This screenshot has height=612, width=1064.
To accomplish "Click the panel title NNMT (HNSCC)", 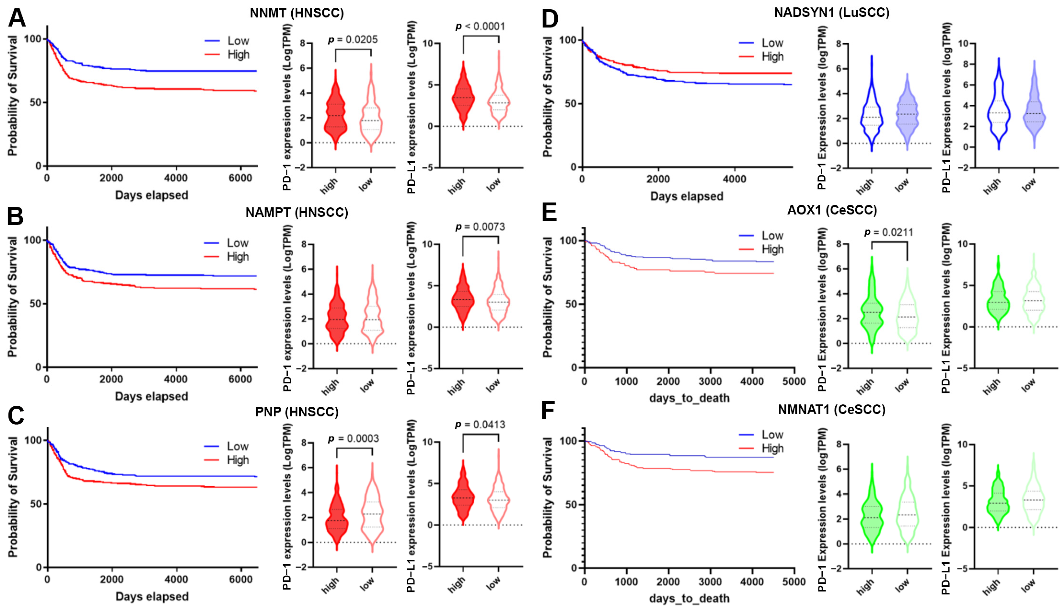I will click(x=297, y=13).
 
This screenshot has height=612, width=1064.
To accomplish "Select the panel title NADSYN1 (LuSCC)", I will click(x=832, y=13).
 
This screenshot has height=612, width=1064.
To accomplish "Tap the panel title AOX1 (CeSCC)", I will click(x=832, y=210).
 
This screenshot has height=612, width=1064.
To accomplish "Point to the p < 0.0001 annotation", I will click(x=480, y=27).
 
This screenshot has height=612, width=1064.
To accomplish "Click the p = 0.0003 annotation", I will click(x=353, y=439).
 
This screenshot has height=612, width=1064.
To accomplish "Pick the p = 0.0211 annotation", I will click(x=888, y=232).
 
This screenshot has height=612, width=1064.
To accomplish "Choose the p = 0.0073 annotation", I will click(x=480, y=227).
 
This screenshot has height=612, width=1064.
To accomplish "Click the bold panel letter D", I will click(x=550, y=19).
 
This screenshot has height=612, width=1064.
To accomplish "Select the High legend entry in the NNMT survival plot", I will click(x=238, y=55).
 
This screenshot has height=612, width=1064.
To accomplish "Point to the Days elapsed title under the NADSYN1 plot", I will click(x=687, y=196).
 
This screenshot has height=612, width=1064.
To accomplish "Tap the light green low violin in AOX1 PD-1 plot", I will click(x=907, y=311).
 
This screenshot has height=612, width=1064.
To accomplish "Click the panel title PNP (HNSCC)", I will click(x=297, y=412).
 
